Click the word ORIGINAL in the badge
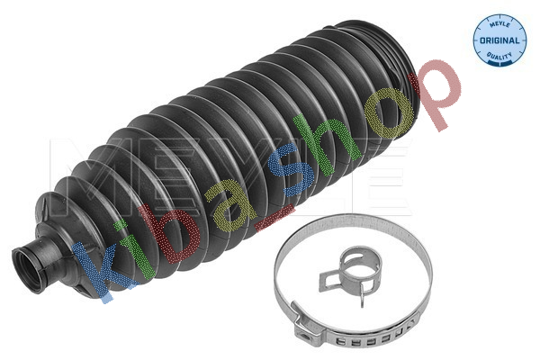pos(499,40)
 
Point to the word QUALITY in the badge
pos(499,55)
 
